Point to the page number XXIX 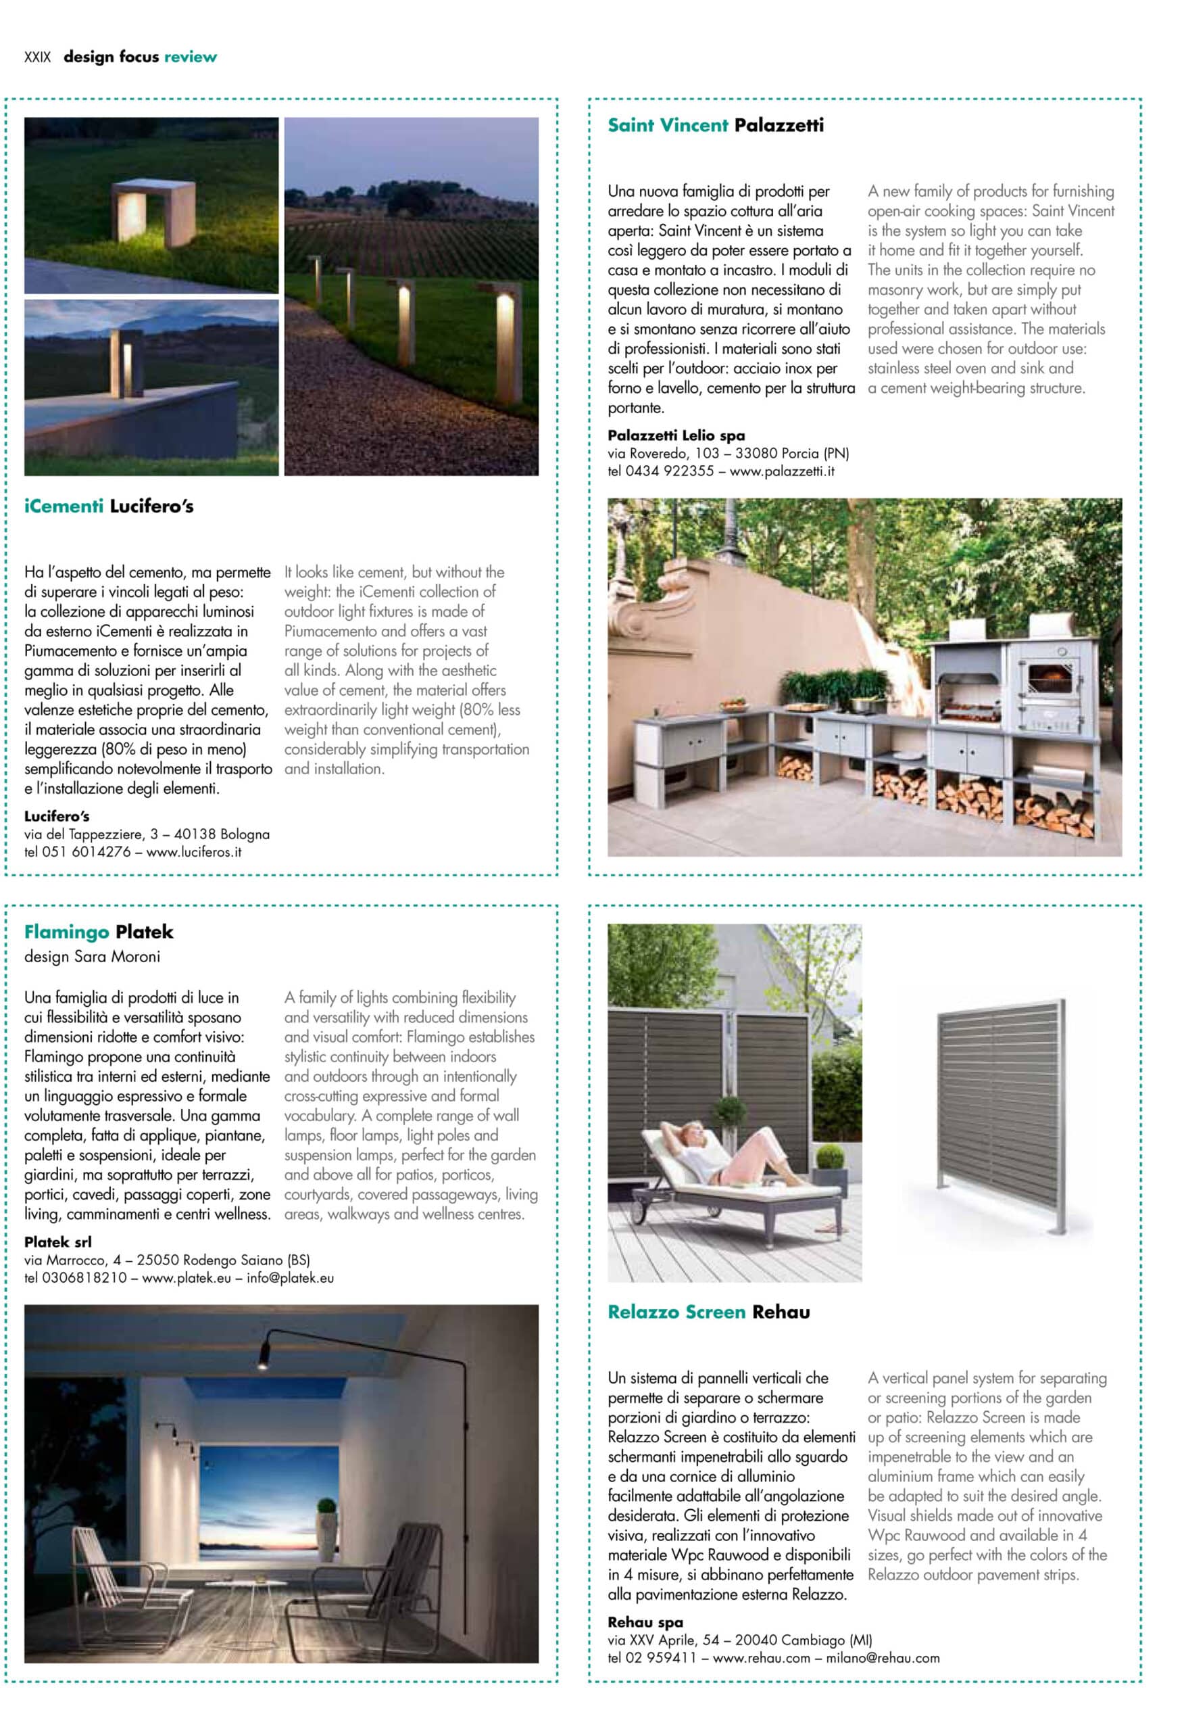point(37,57)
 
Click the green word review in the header point(191,57)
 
